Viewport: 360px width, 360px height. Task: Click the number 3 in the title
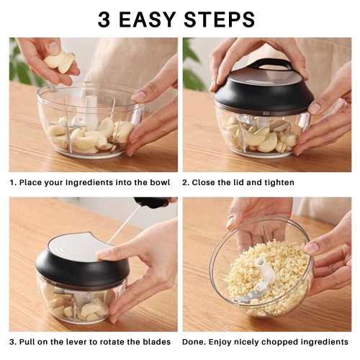click(x=105, y=19)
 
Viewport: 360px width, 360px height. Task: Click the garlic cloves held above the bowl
click(x=59, y=61)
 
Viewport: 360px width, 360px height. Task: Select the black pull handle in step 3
click(x=152, y=202)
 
